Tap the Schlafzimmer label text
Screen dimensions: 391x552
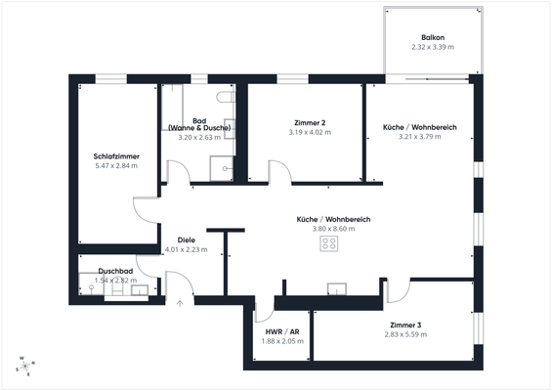114,156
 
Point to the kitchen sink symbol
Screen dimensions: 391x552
337,288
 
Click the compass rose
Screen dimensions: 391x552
23,366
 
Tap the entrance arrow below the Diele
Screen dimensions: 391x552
180,302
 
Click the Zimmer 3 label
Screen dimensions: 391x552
404,325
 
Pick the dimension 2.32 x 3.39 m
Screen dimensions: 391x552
432,47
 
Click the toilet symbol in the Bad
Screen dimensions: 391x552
227,100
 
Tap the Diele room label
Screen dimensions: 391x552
186,239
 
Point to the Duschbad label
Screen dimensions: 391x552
115,271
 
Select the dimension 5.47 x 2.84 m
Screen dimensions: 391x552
114,166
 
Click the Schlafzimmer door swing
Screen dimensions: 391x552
144,206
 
